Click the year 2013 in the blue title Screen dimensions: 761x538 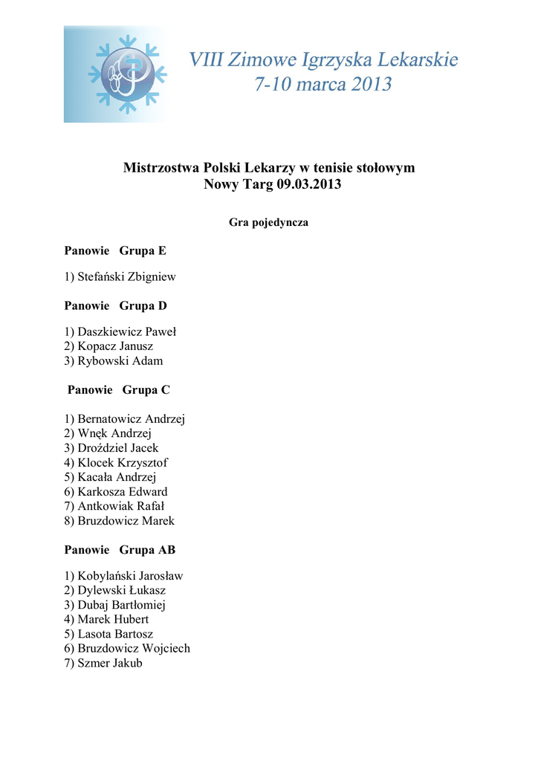pyautogui.click(x=362, y=85)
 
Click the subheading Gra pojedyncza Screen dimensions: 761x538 pyautogui.click(x=268, y=222)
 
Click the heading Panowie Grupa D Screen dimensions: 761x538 pyautogui.click(x=115, y=305)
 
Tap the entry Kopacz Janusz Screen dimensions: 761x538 pyautogui.click(x=115, y=346)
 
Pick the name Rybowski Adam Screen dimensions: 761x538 pyautogui.click(x=120, y=361)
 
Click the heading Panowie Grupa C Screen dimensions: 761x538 pyautogui.click(x=119, y=389)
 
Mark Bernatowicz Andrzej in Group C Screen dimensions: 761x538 pyautogui.click(x=131, y=419)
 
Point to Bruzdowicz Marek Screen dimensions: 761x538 pyautogui.click(x=126, y=521)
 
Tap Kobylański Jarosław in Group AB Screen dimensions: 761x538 pyautogui.click(x=130, y=576)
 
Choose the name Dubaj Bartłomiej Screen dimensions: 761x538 pyautogui.click(x=121, y=605)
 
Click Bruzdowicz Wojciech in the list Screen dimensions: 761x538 pyautogui.click(x=134, y=648)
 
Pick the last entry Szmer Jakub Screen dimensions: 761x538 pyautogui.click(x=109, y=663)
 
